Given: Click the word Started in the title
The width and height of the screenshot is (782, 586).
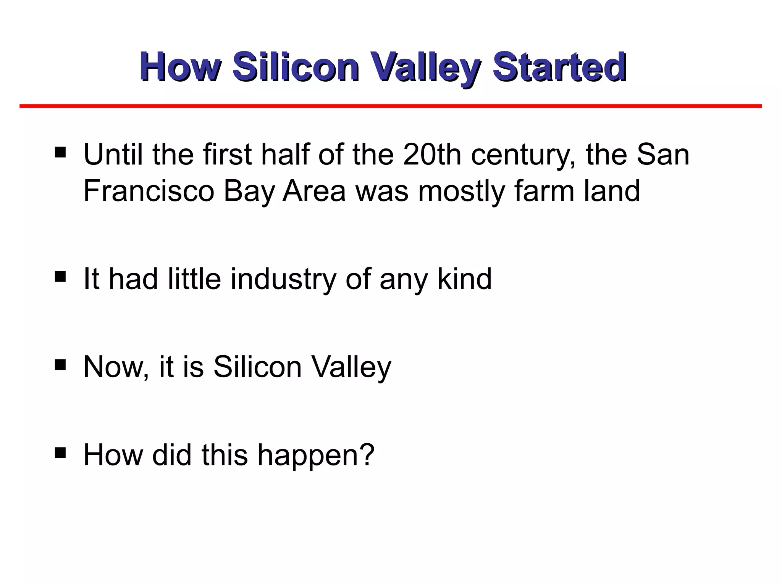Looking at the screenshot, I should click(x=559, y=67).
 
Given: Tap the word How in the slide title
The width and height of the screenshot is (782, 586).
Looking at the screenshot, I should click(x=179, y=67).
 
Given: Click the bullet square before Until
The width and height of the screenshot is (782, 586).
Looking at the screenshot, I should click(x=60, y=153).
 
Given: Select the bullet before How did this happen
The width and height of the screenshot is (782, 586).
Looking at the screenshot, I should click(x=60, y=452).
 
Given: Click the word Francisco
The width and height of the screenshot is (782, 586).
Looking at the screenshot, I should click(x=149, y=191).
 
